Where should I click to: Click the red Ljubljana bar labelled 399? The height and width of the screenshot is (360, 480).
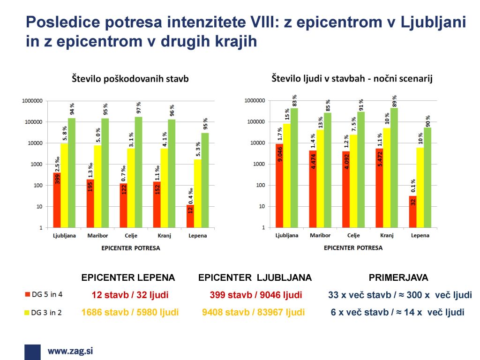[57, 200]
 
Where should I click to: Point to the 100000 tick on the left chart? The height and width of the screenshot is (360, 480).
[32, 122]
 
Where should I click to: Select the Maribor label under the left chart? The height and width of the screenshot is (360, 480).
[97, 236]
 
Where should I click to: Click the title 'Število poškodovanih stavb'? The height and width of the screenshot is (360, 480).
[130, 79]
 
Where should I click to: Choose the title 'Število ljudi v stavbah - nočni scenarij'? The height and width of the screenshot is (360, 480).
[352, 79]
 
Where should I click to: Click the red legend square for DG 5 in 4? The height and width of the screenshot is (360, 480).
[27, 295]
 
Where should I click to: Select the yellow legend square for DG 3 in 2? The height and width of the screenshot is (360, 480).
[27, 312]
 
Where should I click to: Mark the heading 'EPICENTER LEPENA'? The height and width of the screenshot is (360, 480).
[128, 277]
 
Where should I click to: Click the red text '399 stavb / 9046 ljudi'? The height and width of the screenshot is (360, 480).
[255, 295]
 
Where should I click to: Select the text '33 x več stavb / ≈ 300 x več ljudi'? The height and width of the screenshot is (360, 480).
[400, 295]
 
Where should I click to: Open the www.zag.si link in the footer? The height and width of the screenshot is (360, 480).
[70, 351]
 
